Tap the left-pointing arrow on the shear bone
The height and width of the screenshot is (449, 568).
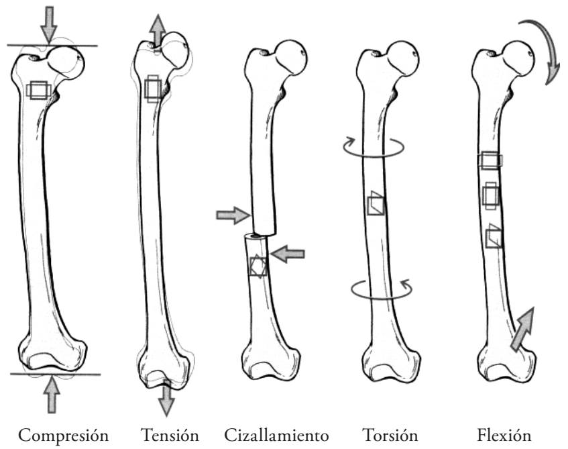pyautogui.click(x=289, y=253)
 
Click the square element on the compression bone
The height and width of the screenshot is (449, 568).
pyautogui.click(x=38, y=91)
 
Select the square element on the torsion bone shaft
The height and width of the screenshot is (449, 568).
pyautogui.click(x=375, y=203)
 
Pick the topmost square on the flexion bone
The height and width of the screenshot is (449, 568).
pyautogui.click(x=490, y=160)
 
